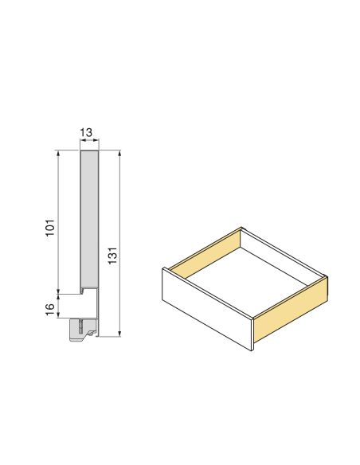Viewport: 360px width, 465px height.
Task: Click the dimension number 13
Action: pyautogui.click(x=88, y=133)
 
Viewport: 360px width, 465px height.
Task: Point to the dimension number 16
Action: pyautogui.click(x=49, y=307)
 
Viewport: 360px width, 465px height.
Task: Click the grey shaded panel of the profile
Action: pyautogui.click(x=88, y=219)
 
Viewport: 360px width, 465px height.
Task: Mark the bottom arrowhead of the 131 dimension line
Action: pyautogui.click(x=119, y=335)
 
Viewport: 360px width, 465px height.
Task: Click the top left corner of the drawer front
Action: pyautogui.click(x=162, y=268)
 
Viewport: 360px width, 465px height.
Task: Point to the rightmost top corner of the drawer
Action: pyautogui.click(x=327, y=278)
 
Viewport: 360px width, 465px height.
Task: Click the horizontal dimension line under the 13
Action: pyautogui.click(x=88, y=143)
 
